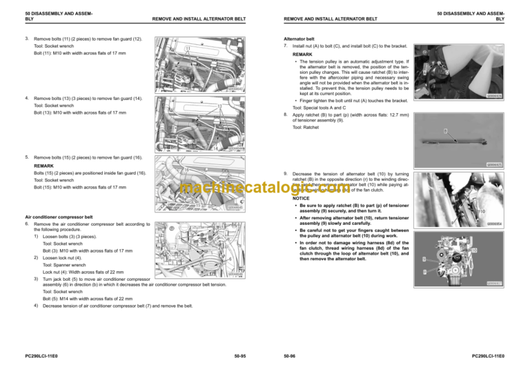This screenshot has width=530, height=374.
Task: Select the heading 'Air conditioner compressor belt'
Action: (x=59, y=217)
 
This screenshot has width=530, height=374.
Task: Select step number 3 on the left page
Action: (x=26, y=39)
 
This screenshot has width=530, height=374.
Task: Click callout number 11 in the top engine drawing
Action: (x=187, y=48)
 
